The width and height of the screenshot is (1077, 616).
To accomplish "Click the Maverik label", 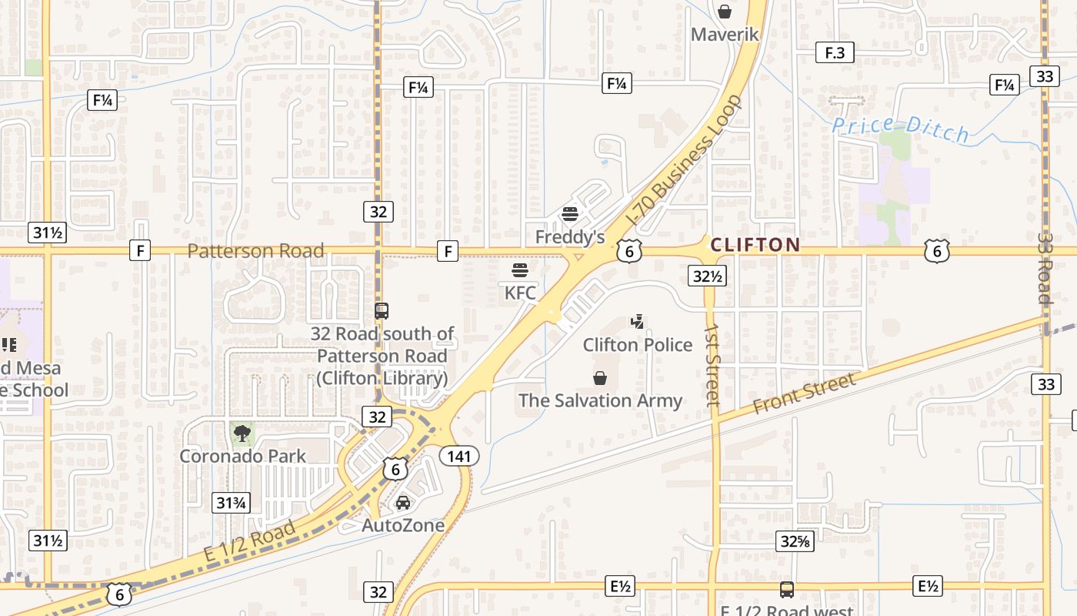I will tap(725, 34).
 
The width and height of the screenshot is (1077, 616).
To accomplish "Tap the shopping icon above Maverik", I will tap(724, 12).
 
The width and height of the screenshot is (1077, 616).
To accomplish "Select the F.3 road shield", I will tap(835, 52).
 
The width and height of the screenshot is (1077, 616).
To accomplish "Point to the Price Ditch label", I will tap(902, 129).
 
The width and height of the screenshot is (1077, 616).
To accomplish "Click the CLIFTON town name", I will tap(755, 245).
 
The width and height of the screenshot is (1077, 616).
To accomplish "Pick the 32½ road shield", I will tap(708, 276).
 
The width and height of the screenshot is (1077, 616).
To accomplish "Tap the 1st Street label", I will tap(712, 363).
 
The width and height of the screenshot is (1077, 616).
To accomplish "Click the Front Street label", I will tap(804, 393).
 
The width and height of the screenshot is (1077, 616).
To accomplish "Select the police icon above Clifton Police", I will tap(637, 322).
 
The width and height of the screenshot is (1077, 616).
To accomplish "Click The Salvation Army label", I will tap(600, 400).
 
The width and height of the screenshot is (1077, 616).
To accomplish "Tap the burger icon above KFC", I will tap(520, 270).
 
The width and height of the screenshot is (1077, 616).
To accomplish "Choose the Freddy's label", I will tap(570, 236).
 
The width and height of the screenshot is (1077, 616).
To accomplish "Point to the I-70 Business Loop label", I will tap(685, 160).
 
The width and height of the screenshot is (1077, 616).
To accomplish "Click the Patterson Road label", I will tap(255, 251).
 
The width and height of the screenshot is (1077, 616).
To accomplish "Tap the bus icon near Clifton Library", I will tap(381, 311).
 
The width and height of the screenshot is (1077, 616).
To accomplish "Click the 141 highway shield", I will tap(459, 456).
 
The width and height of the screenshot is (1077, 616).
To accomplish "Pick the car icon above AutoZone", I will tap(402, 503).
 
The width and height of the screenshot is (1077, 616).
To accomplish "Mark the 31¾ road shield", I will tap(231, 503).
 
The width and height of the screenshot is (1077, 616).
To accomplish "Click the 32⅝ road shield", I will tap(794, 541).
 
